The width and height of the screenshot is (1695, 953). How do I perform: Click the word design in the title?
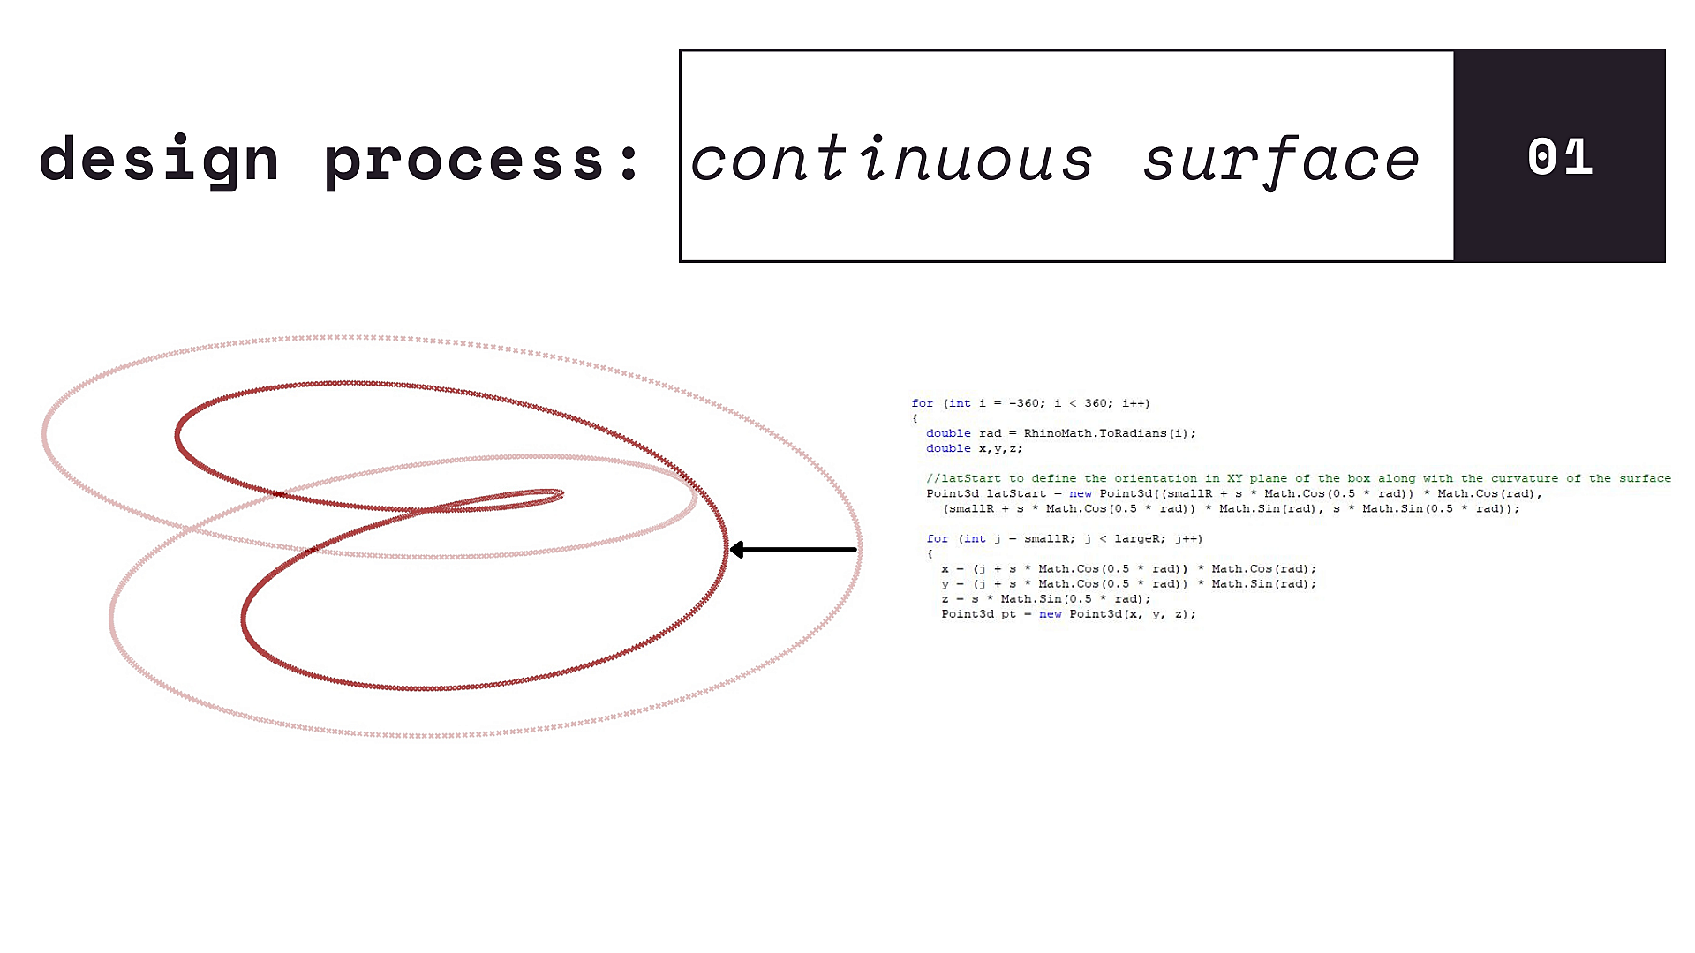coord(159,160)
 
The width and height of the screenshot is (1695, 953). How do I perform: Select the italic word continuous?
coord(892,159)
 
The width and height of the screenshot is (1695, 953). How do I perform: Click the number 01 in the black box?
coord(1560,157)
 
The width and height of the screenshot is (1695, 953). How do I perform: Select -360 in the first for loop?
coord(1023,403)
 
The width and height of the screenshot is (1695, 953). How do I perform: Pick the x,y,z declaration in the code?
coord(998,448)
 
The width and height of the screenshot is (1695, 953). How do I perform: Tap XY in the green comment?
coord(1234,478)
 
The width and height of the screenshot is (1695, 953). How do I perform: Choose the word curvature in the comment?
coord(1525,478)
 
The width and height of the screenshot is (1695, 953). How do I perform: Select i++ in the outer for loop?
coord(1133,403)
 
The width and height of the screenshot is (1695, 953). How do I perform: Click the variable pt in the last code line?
coord(1008,614)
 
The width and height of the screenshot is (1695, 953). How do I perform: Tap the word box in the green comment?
coord(1358,478)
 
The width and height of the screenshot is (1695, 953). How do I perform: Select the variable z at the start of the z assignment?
coord(945,599)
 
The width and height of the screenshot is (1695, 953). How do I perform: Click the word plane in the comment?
coord(1268,478)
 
